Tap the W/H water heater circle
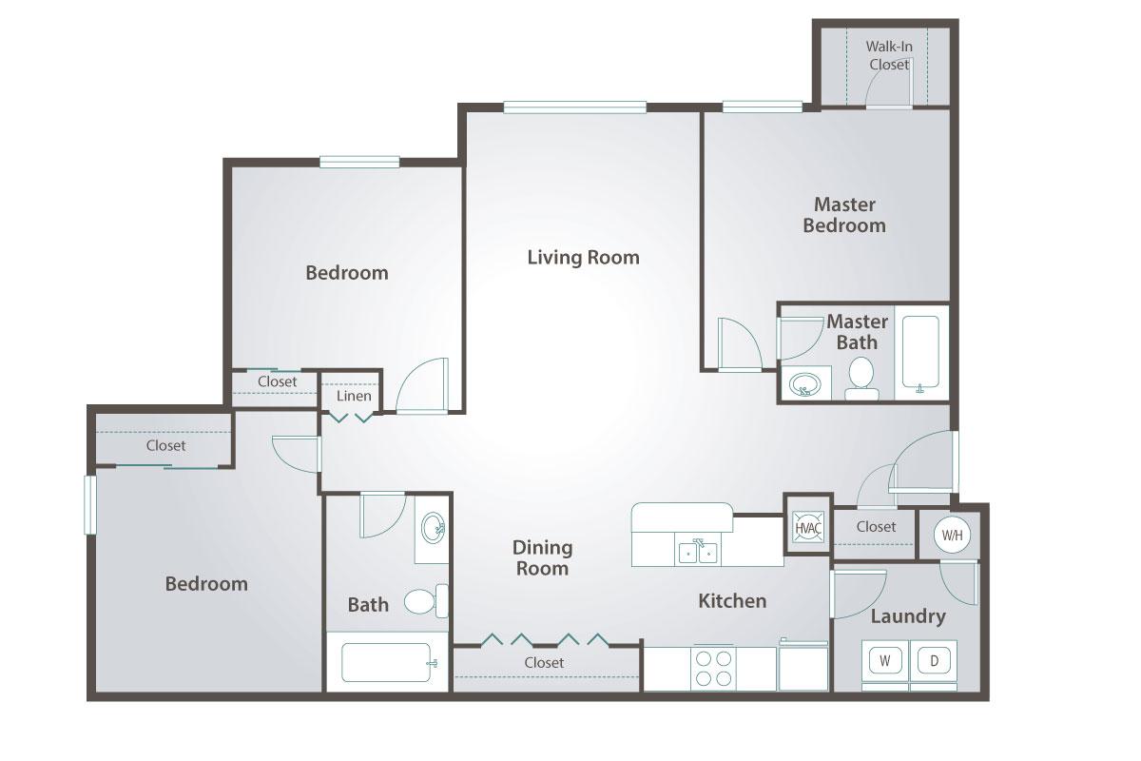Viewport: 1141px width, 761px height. [952, 535]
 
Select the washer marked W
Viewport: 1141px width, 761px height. [885, 659]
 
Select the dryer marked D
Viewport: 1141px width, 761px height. [934, 659]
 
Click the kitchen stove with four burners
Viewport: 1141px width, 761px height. [713, 667]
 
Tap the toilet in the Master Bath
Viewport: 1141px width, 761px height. [861, 375]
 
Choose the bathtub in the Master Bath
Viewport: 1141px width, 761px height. [919, 353]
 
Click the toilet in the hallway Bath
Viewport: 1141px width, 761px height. [422, 601]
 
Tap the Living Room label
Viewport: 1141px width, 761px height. [583, 257]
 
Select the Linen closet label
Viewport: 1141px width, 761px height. [354, 396]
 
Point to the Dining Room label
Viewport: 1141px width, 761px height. [543, 557]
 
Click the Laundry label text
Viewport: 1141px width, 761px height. [908, 616]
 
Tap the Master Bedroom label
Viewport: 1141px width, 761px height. [844, 215]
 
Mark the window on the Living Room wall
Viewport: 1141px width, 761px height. [575, 107]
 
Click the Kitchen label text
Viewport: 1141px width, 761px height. [732, 600]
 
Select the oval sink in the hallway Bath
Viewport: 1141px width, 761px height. [433, 526]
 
